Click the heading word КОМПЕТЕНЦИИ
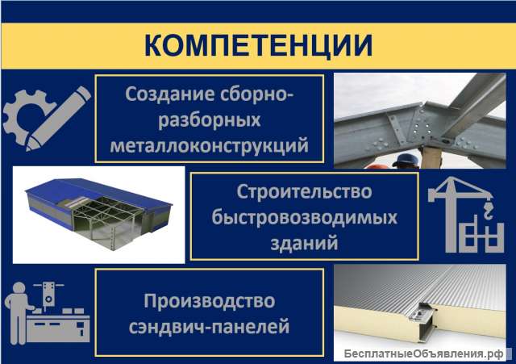(258, 45)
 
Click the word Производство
(210, 302)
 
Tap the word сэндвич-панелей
(209, 328)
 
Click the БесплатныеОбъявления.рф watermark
(422, 354)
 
